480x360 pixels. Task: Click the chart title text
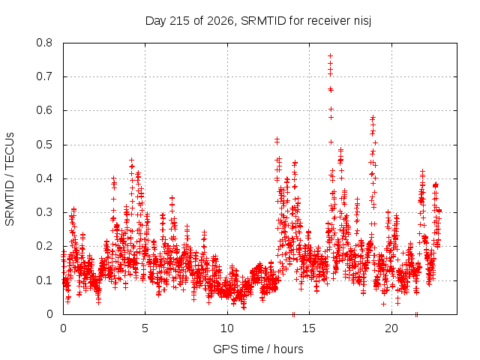[x=258, y=21]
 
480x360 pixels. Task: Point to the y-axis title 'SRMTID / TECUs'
[x=10, y=179]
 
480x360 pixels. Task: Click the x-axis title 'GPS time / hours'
[x=258, y=349]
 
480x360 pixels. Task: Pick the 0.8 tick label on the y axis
[x=44, y=43]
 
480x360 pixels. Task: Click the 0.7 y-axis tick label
[x=44, y=76]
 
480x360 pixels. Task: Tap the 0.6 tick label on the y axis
[x=44, y=110]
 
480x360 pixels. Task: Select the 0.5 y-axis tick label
[x=44, y=145]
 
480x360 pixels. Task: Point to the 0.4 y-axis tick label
[x=44, y=178]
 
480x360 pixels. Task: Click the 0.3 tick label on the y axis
[x=44, y=212]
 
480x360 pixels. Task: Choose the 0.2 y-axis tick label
[x=44, y=247]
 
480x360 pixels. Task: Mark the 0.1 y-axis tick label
[x=44, y=280]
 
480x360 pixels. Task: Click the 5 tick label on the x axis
[x=145, y=328]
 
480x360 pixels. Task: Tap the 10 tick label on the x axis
[x=227, y=328]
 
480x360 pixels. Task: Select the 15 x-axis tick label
[x=309, y=328]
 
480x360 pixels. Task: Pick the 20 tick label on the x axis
[x=391, y=328]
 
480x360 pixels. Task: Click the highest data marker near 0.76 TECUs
[x=330, y=55]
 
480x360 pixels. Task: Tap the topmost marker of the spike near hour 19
[x=373, y=117]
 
